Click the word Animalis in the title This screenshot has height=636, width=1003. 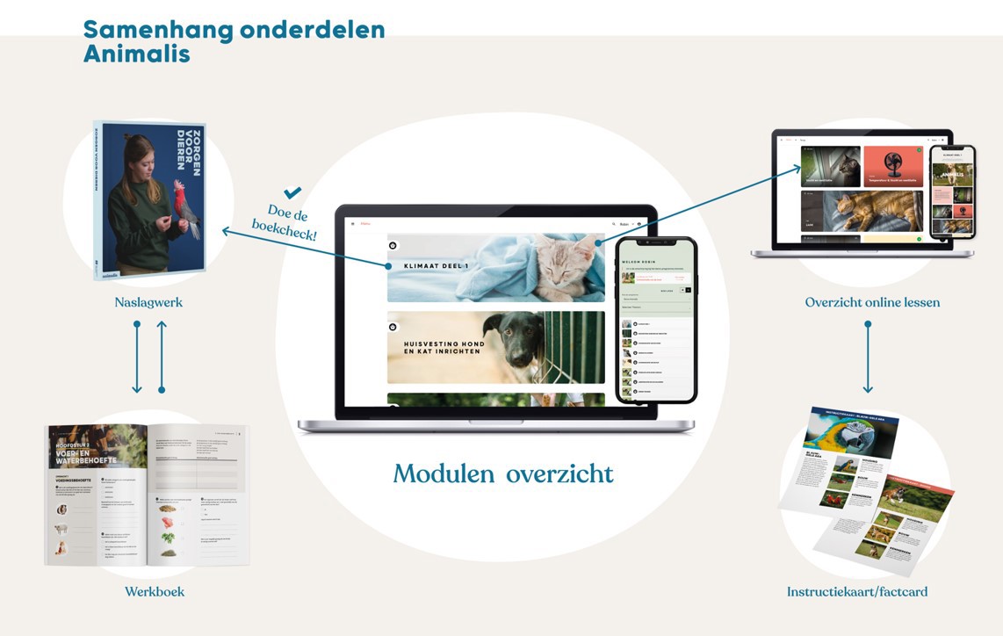136,54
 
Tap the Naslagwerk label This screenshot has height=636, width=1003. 148,302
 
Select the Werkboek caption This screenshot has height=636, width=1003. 155,591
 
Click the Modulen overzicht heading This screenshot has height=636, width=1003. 503,474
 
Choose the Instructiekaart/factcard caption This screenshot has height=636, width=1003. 856,591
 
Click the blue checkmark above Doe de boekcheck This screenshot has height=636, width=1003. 292,192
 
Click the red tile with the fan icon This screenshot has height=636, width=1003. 892,166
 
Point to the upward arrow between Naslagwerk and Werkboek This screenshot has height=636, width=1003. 162,357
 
